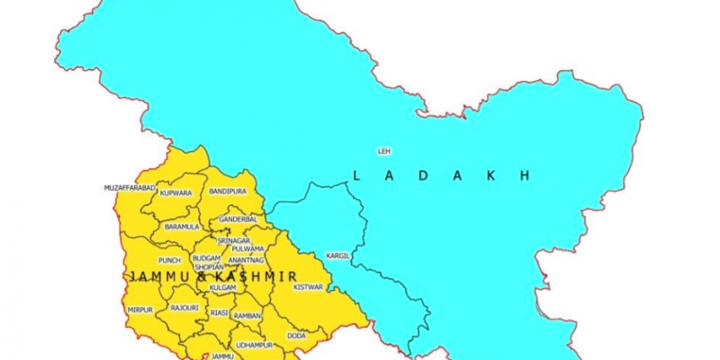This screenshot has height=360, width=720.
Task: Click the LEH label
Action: coord(384,149)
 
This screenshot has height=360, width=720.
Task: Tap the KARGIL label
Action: coord(338,256)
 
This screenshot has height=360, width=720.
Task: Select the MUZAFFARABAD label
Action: coord(130,187)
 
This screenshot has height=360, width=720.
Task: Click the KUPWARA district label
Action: coord(175,193)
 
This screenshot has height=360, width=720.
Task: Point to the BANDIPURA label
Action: coord(228,192)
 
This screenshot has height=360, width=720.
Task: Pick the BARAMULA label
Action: coord(182,227)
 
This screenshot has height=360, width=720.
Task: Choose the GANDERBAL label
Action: coord(238,219)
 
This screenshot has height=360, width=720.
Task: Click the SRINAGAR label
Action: coord(234,240)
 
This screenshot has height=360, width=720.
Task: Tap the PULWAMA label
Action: coord(247,248)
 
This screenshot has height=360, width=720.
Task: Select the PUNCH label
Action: coord(169,260)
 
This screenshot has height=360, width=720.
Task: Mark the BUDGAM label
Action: coord(206,258)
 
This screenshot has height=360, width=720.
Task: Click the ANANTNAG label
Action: coord(246,260)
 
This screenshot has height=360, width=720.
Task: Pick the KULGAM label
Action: coord(221,287)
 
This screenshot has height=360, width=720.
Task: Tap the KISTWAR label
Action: coord(308,286)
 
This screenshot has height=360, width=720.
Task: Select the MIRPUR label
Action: coord(140,310)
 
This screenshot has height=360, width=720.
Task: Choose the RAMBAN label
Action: coord(247,315)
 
